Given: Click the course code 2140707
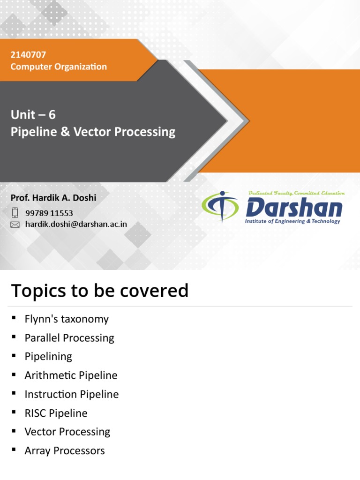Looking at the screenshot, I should tap(28, 55).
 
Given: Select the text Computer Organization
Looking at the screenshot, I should tap(59, 67).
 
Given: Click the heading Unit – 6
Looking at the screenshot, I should tap(33, 115).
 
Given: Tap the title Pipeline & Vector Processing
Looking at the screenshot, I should tap(93, 132).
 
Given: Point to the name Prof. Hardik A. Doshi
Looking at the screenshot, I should tap(53, 198).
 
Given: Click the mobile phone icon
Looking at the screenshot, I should tap(15, 213).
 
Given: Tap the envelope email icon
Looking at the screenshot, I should tap(15, 225).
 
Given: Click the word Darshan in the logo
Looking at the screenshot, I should tap(294, 207).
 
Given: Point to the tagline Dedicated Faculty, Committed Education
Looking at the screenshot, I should tap(296, 193).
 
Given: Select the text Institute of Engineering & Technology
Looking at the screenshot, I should tap(292, 221).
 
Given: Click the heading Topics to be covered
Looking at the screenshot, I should tap(99, 291).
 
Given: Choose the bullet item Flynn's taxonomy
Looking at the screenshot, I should tap(67, 319).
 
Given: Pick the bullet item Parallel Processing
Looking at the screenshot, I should tap(69, 338).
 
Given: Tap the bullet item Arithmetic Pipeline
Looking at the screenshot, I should tap(71, 375).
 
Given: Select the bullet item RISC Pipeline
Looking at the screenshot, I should tap(56, 413).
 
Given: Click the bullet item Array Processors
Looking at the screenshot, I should tap(65, 451).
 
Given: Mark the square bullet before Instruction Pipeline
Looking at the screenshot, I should tap(14, 393).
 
